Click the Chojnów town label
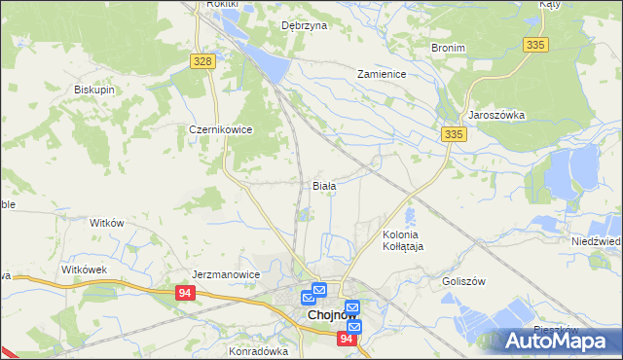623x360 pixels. pos(328,315)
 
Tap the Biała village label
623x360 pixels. pos(324,185)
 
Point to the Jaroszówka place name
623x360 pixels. pos(496,115)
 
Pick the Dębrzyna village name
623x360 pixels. pos(304,26)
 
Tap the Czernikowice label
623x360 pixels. pos(221,128)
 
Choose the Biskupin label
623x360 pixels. pos(95,90)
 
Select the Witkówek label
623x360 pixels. pos(83,269)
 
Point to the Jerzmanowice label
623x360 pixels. pos(227,274)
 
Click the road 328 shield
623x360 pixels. pos(202,61)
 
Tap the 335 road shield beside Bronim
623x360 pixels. pos(535,45)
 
